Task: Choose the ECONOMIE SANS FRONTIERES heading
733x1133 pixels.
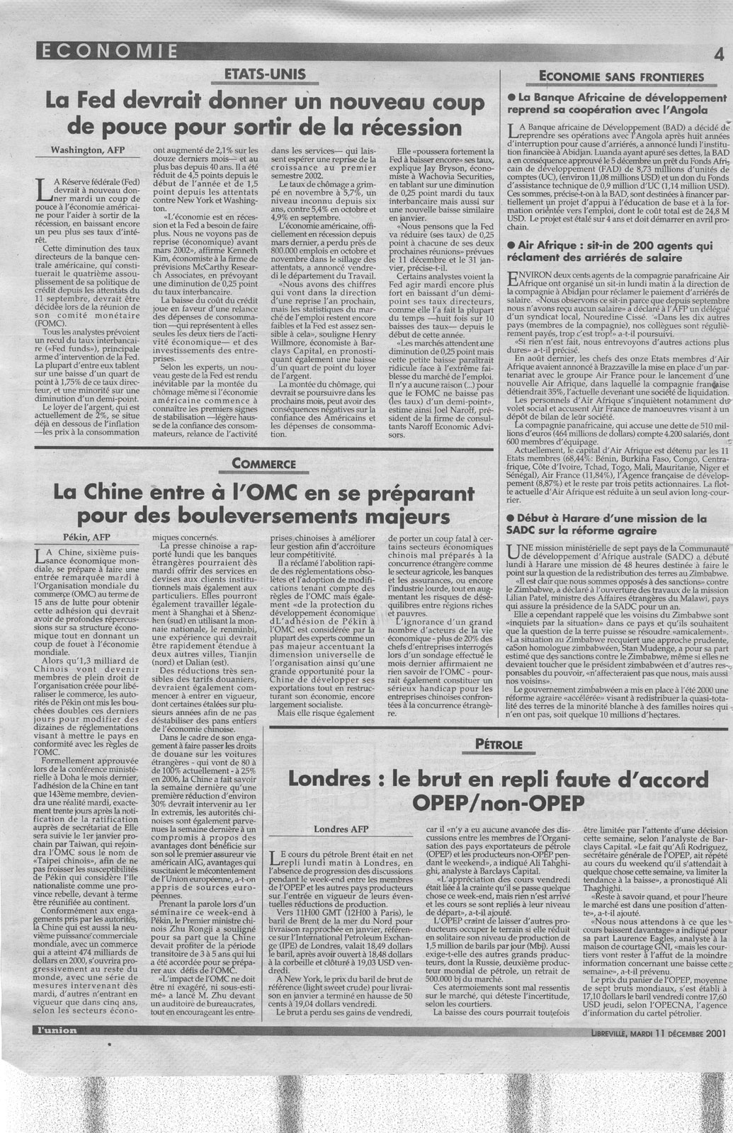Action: click(x=611, y=76)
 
